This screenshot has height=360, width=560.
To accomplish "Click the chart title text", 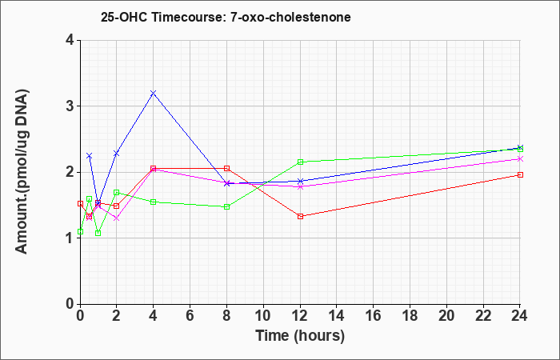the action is click(x=226, y=17).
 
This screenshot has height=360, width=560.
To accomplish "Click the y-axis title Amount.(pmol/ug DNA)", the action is click(x=22, y=172).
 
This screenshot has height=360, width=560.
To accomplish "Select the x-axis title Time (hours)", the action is click(x=300, y=336).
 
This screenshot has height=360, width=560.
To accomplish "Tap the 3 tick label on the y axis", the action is click(x=70, y=106).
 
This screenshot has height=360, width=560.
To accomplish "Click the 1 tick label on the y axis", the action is click(x=70, y=238).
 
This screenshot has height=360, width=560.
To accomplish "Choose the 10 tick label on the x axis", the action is click(x=263, y=316).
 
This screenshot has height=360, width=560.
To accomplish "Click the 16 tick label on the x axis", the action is click(x=374, y=316).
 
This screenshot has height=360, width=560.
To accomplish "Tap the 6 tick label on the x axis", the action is click(x=190, y=316).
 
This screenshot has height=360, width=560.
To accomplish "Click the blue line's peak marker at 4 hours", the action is click(x=154, y=94).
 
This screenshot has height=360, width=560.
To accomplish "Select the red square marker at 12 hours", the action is click(x=300, y=216).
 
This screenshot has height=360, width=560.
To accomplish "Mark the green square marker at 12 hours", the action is click(x=300, y=162).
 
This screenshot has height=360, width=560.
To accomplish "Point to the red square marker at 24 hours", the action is click(x=520, y=174).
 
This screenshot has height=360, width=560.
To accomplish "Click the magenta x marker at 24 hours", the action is click(x=520, y=159).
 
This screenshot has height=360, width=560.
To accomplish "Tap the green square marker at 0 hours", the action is click(x=80, y=231).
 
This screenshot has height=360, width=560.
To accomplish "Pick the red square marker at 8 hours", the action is click(x=226, y=168).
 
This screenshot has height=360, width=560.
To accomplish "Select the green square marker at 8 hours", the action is click(x=226, y=206).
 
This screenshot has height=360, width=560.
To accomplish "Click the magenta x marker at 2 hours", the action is click(x=117, y=218).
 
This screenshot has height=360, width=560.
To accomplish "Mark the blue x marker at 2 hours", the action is click(x=117, y=154).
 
